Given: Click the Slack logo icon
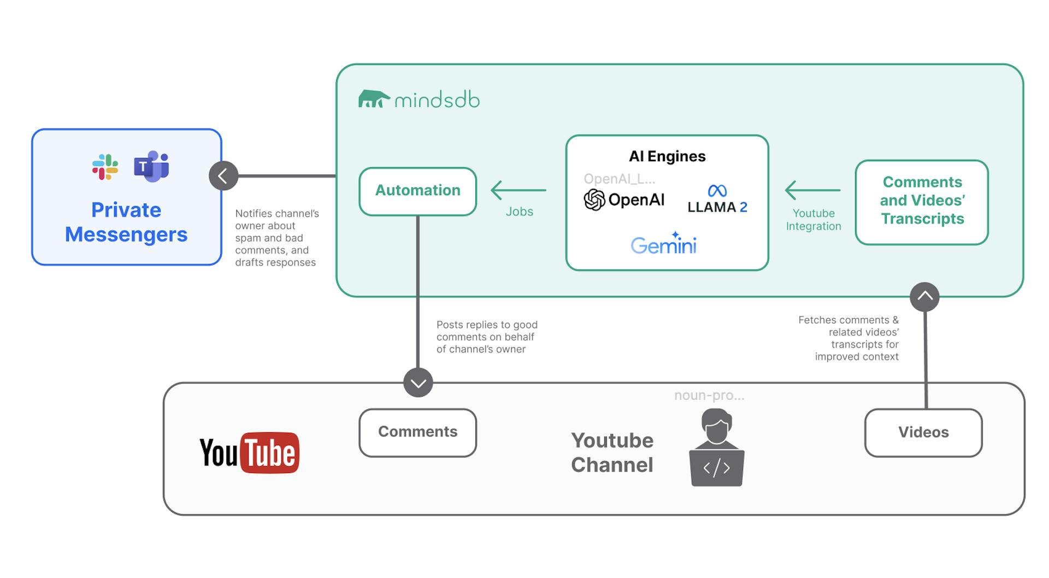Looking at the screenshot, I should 105,167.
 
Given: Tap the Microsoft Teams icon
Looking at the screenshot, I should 151,167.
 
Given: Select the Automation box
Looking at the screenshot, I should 417,191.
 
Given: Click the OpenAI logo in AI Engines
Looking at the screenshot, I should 623,200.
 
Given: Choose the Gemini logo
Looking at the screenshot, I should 663,244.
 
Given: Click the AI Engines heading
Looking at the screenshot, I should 667,156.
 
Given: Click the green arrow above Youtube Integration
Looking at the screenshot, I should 812,190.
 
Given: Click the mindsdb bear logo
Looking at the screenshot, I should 374,99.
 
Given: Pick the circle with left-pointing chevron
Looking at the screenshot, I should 223,176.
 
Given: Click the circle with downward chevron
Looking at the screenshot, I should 418,382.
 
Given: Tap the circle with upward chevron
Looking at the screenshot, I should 924,297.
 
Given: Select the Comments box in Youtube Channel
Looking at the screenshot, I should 417,432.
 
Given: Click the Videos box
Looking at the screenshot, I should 923,432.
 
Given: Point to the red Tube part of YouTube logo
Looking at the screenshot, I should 270,453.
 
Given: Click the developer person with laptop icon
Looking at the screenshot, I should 716,448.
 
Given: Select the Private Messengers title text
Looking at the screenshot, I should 126,222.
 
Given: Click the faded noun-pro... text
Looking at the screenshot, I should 709,396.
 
